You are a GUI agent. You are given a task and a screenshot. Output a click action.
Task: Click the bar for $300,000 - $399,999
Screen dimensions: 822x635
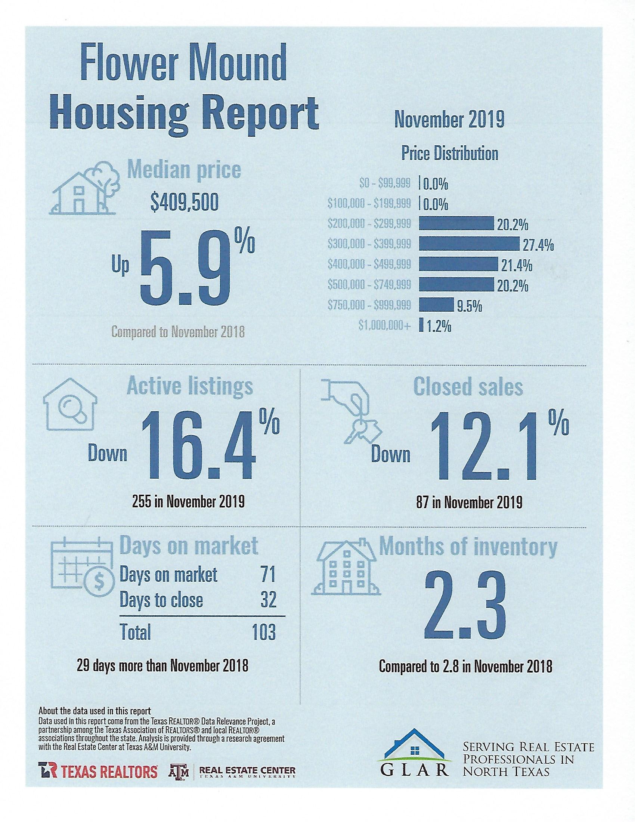[469, 244]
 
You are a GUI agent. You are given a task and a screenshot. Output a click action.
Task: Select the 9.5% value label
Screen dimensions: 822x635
[469, 307]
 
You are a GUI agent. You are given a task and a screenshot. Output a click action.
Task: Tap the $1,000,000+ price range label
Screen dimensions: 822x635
[385, 326]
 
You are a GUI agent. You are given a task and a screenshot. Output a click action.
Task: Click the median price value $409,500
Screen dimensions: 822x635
[184, 204]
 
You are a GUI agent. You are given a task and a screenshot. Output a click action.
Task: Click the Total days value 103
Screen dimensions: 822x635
[264, 632]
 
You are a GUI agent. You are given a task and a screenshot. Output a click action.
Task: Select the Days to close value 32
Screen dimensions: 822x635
[268, 600]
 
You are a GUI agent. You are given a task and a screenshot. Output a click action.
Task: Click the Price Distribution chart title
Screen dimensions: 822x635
[449, 154]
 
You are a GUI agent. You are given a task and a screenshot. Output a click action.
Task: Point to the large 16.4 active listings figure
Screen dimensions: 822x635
[199, 446]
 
